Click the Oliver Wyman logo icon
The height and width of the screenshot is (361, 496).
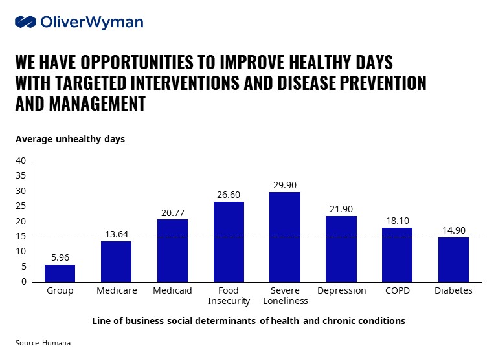click(x=25, y=22)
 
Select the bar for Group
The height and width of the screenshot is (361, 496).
click(x=60, y=272)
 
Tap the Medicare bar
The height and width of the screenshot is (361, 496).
click(x=116, y=261)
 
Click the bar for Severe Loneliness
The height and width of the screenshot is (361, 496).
click(x=284, y=236)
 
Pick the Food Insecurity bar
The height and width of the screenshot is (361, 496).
click(x=229, y=241)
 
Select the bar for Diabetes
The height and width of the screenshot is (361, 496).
click(x=453, y=259)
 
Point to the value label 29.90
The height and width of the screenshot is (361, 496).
click(x=284, y=184)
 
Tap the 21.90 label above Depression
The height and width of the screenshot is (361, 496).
click(x=341, y=208)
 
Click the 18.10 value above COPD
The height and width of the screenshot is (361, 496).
click(x=397, y=219)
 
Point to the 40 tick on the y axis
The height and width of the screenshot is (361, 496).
click(x=21, y=160)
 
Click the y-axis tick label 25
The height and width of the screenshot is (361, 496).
click(x=21, y=206)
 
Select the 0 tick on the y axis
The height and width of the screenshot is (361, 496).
click(x=23, y=282)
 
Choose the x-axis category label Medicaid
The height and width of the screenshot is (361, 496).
click(x=172, y=290)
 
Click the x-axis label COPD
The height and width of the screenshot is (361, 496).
click(x=397, y=290)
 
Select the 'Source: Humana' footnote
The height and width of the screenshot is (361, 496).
click(x=43, y=343)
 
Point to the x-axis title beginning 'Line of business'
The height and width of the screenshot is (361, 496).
click(x=248, y=320)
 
